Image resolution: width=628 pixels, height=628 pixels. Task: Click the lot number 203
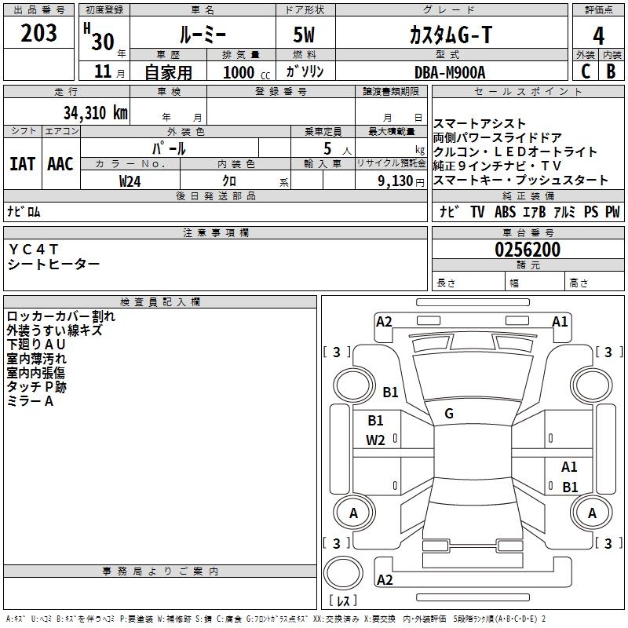pyautogui.click(x=38, y=33)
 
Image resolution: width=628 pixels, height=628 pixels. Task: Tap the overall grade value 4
pyautogui.click(x=598, y=35)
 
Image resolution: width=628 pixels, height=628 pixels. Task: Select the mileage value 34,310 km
pyautogui.click(x=95, y=113)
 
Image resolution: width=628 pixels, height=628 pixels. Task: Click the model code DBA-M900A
pyautogui.click(x=450, y=72)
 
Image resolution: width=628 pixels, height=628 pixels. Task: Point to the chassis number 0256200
pyautogui.click(x=528, y=250)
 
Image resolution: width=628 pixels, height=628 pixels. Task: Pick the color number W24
pyautogui.click(x=130, y=181)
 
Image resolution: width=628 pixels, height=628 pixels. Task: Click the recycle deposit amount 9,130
pyautogui.click(x=396, y=181)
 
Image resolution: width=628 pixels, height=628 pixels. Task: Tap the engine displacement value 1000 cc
pyautogui.click(x=246, y=72)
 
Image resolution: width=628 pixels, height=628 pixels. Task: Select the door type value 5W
pyautogui.click(x=304, y=35)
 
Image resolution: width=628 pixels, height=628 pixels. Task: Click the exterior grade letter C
pyautogui.click(x=586, y=71)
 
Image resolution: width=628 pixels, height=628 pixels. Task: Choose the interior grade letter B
pyautogui.click(x=611, y=71)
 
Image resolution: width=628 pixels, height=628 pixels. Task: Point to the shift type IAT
pyautogui.click(x=23, y=164)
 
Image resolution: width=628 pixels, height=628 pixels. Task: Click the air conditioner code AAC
pyautogui.click(x=60, y=164)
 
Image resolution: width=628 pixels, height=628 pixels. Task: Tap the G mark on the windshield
pyautogui.click(x=449, y=414)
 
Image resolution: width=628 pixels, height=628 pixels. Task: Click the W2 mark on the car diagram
pyautogui.click(x=375, y=440)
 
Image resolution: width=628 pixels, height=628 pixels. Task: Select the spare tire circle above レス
pyautogui.click(x=343, y=573)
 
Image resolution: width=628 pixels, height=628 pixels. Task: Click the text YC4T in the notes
pyautogui.click(x=34, y=249)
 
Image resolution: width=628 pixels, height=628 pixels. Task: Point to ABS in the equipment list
pyautogui.click(x=505, y=212)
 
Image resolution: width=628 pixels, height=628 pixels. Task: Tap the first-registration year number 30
pyautogui.click(x=103, y=42)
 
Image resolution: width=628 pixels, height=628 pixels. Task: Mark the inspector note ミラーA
pyautogui.click(x=30, y=401)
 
